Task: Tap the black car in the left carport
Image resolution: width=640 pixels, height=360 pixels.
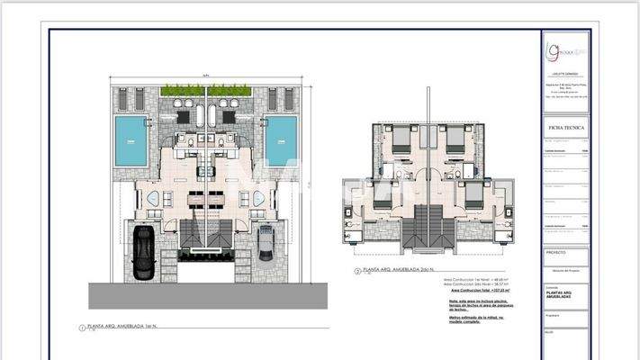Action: (143, 253)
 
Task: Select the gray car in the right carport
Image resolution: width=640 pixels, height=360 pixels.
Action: (266, 244)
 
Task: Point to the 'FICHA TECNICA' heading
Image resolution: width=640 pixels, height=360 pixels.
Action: (566, 129)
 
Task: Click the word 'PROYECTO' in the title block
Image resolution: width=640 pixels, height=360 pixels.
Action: (557, 253)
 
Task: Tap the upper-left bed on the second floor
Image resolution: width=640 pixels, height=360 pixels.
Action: (401, 139)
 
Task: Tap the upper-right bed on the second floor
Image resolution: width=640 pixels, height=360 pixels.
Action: (455, 139)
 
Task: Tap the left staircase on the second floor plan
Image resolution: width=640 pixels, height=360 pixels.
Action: (417, 228)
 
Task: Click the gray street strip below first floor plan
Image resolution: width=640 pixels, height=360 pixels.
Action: (207, 296)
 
